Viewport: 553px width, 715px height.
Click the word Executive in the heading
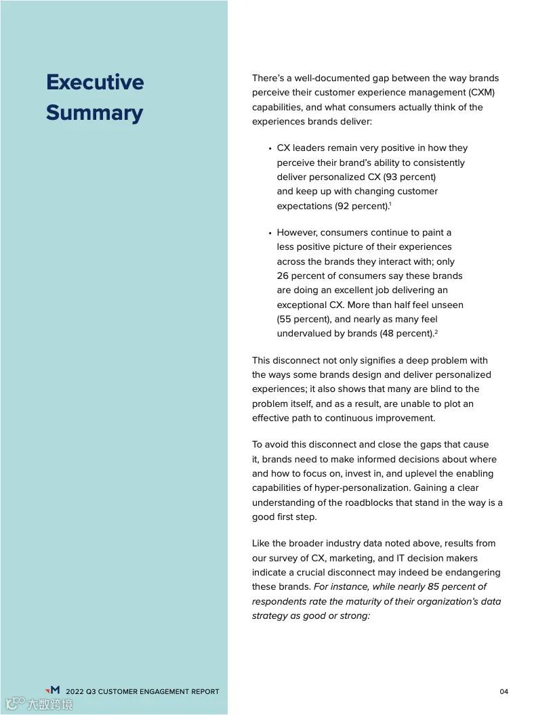tap(95, 82)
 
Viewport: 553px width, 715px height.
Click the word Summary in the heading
tap(94, 112)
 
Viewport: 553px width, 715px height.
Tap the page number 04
tap(504, 691)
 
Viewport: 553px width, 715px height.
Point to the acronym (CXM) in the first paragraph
tap(486, 92)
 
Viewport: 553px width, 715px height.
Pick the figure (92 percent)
tap(362, 206)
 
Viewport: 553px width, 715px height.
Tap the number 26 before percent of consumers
tap(283, 276)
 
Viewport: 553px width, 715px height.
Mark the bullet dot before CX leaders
tap(270, 148)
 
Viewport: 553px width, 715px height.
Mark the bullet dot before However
tap(270, 233)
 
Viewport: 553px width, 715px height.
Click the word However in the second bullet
tap(298, 232)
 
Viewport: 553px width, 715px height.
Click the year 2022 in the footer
tap(75, 691)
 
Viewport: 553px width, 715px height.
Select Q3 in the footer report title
tap(91, 691)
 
